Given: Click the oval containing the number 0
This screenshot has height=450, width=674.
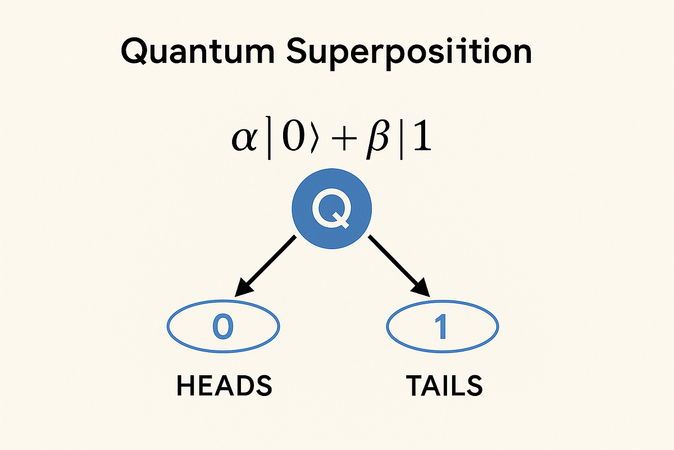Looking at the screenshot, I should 224,327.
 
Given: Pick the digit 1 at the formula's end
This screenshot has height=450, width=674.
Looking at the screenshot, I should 422,139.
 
